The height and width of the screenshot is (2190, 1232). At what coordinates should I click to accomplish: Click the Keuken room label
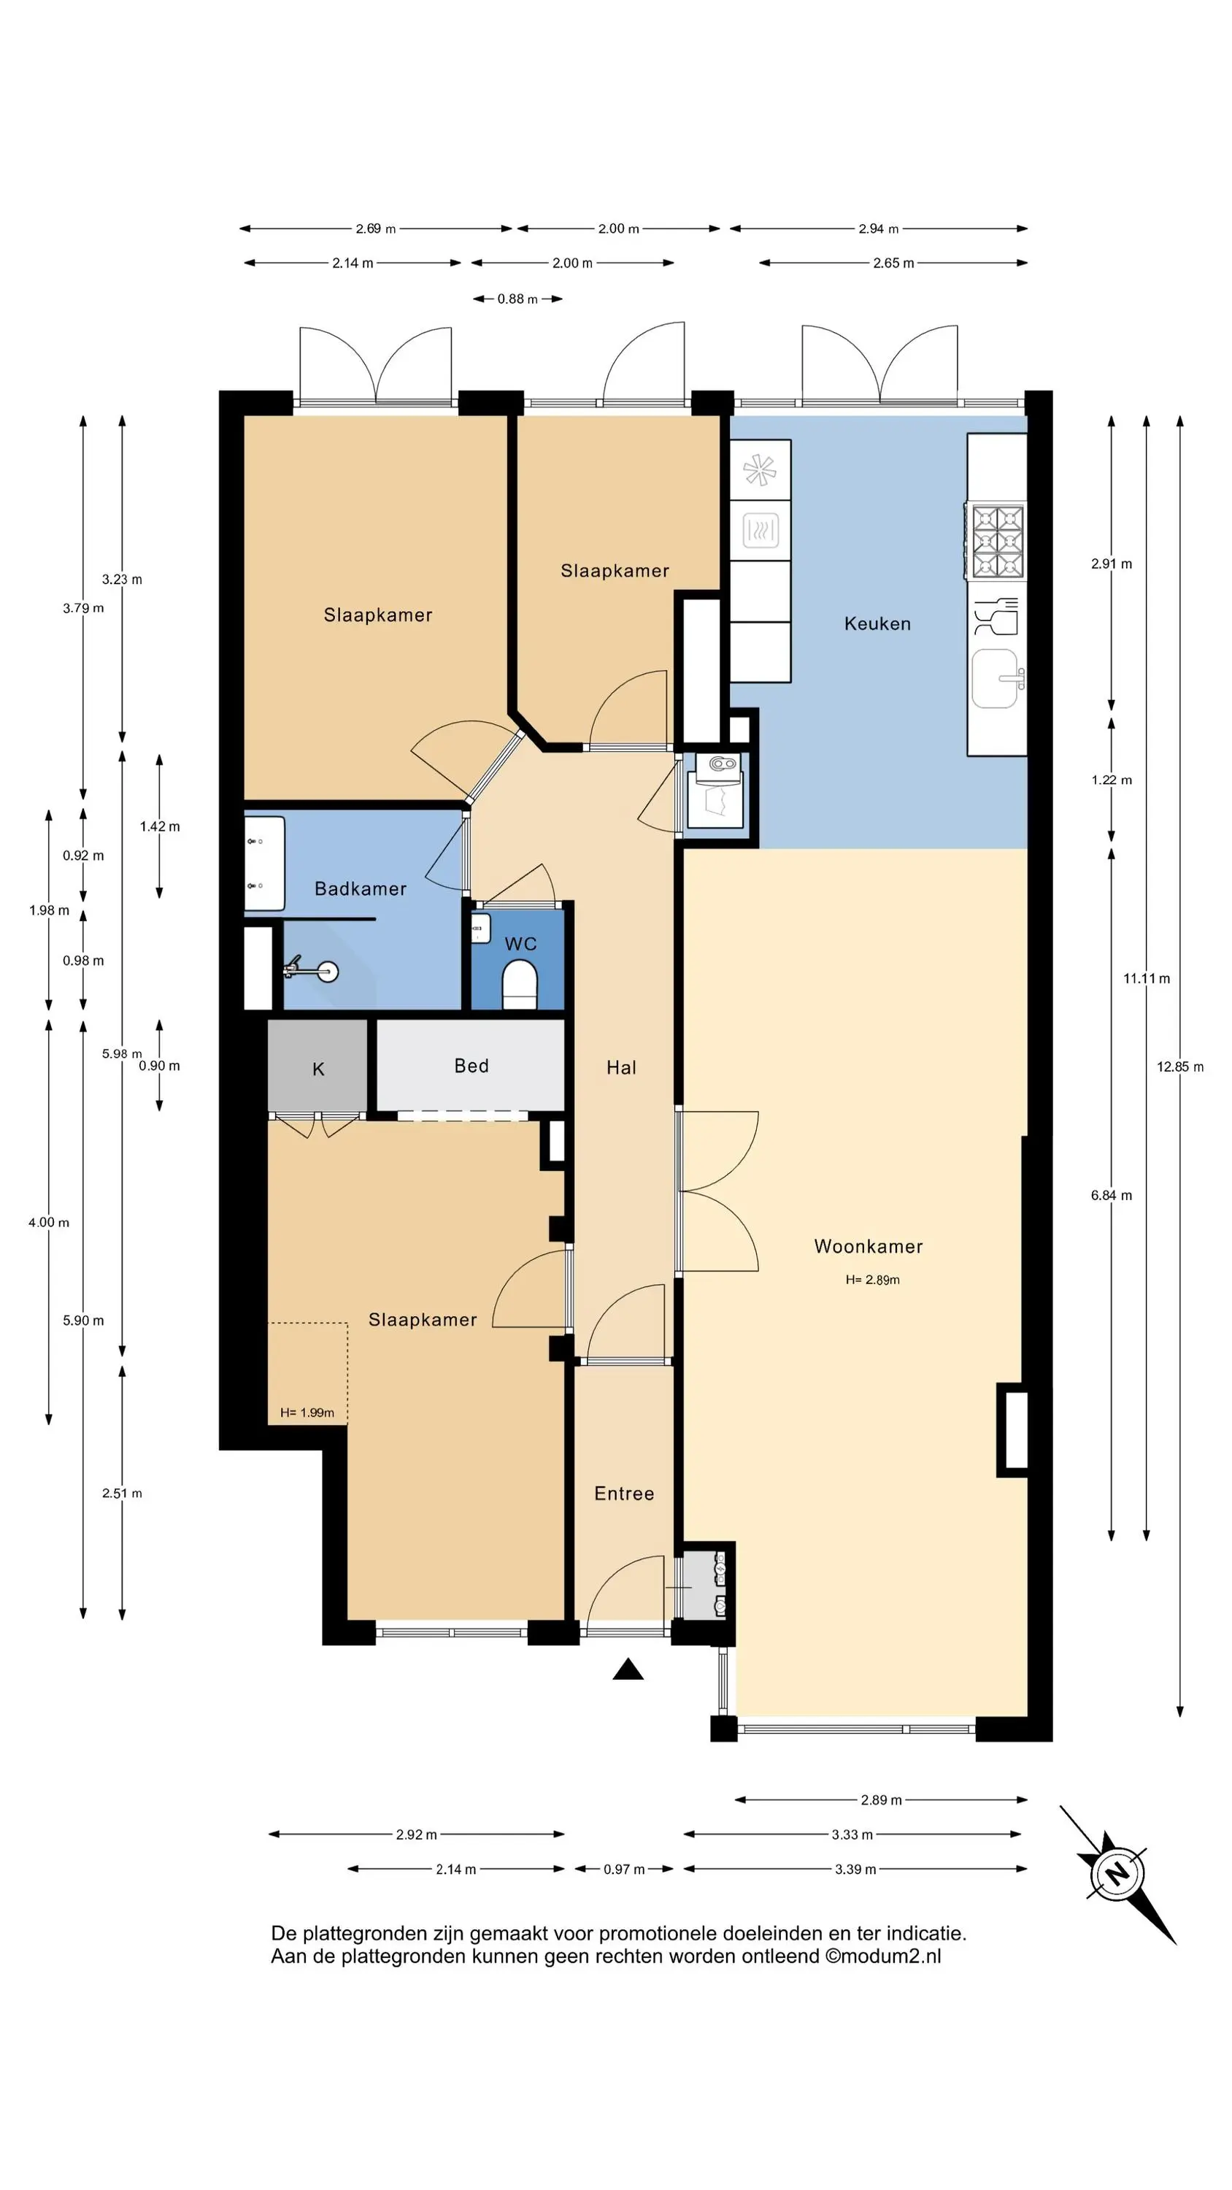pos(877,623)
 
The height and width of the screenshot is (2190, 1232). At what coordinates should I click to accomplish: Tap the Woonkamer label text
pos(868,1246)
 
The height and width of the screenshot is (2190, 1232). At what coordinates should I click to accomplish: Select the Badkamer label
pos(361,888)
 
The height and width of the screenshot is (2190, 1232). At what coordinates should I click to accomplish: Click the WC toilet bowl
pos(520,985)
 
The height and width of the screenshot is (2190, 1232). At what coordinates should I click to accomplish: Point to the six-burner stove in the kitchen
pos(996,542)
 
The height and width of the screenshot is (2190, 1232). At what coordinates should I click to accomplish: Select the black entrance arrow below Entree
pos(628,1669)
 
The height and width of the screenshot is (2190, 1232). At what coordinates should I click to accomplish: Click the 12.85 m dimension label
pos(1179,1066)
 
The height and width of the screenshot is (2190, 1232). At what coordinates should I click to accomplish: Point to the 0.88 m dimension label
pos(517,299)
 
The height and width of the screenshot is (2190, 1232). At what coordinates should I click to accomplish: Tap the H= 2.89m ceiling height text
pos(872,1280)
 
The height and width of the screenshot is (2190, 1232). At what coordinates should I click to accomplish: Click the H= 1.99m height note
pos(307,1412)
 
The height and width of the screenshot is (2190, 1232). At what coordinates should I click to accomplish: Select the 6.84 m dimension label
pos(1112,1194)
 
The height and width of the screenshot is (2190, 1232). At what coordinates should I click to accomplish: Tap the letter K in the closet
pos(318,1069)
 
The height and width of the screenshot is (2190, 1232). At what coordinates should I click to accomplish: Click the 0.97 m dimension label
pos(624,1869)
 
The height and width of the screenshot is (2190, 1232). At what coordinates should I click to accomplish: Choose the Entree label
pos(624,1494)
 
